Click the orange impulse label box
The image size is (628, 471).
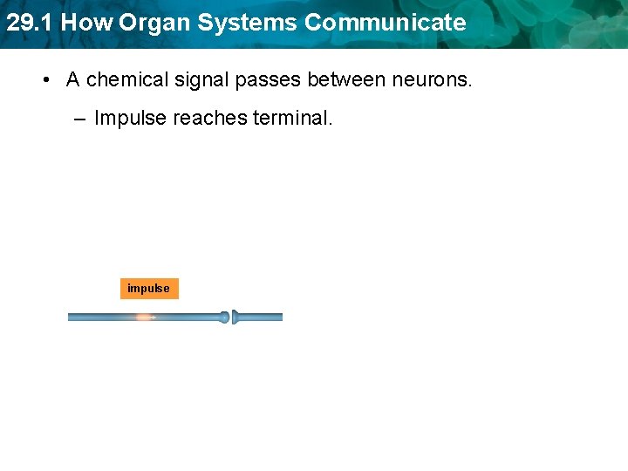tap(149, 289)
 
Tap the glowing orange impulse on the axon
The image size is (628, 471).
tap(144, 317)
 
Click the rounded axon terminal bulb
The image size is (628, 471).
tap(224, 317)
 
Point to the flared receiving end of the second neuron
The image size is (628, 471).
tap(236, 317)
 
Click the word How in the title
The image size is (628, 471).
tap(86, 23)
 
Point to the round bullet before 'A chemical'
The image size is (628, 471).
tap(44, 80)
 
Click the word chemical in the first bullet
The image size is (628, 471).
tap(123, 79)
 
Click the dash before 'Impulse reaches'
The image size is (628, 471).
tap(80, 118)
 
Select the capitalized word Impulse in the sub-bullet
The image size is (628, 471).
tap(130, 118)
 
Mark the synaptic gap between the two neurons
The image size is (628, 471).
tap(231, 317)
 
